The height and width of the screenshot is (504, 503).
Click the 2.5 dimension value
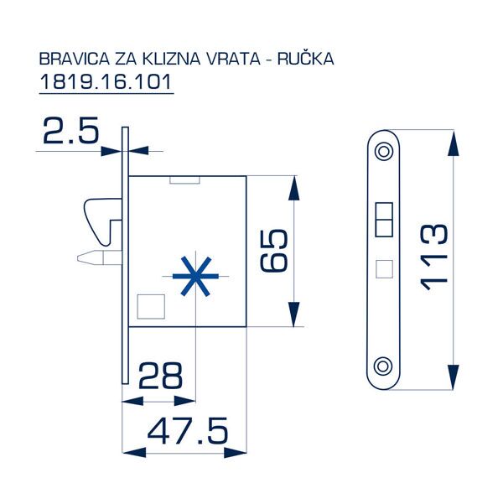tap(70, 132)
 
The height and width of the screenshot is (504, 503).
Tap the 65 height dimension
tap(275, 250)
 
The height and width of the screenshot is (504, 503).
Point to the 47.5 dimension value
tap(187, 431)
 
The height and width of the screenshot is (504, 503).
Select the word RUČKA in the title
tap(310, 60)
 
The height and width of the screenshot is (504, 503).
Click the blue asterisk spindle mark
tap(193, 276)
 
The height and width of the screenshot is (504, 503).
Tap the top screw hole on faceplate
tap(384, 151)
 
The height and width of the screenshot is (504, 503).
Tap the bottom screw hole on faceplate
tap(384, 366)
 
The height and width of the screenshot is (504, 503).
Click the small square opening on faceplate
tap(384, 268)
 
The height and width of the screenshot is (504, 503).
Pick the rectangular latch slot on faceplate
tap(384, 219)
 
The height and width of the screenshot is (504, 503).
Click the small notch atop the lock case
tap(184, 179)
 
